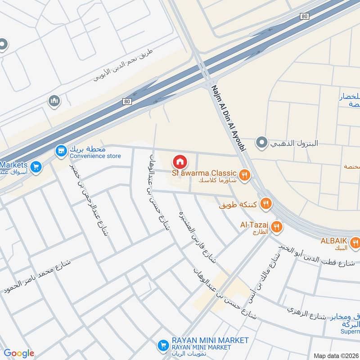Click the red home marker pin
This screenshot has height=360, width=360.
click(180, 162)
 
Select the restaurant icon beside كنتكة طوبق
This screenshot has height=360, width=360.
click(266, 205)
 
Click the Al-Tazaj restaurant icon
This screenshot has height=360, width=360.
click(277, 227)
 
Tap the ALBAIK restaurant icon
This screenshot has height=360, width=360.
click(355, 243)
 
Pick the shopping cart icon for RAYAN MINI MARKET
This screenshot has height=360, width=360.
click(162, 346)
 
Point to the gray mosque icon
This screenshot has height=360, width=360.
click(54, 102)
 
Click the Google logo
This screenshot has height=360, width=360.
click(19, 353)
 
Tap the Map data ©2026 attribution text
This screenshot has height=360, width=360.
click(336, 355)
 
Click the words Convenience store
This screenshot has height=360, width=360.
click(95, 156)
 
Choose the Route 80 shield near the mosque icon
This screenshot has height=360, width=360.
click(128, 101)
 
